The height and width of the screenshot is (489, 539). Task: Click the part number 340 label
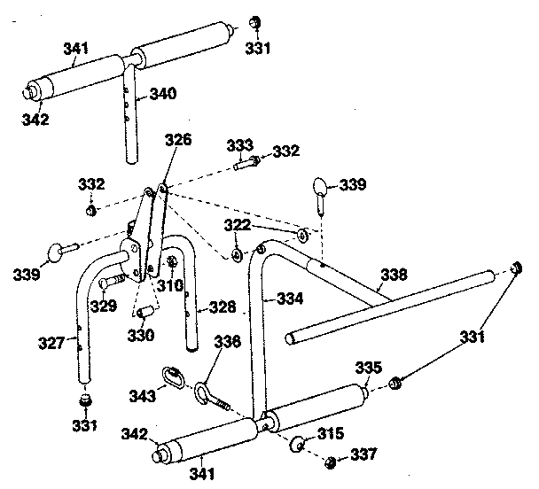(x=163, y=93)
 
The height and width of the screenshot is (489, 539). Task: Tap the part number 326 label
(x=178, y=140)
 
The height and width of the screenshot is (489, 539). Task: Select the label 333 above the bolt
(x=240, y=145)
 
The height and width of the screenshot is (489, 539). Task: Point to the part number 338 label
(x=394, y=275)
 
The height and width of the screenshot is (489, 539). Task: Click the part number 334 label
(x=291, y=299)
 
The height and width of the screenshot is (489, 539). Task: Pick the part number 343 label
(x=143, y=396)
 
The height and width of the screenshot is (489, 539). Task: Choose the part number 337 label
(x=363, y=454)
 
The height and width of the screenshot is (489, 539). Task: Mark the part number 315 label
(x=331, y=434)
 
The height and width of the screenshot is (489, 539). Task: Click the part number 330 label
(x=141, y=336)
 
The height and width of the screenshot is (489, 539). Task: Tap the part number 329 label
(x=104, y=306)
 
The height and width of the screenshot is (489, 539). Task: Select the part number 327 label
(x=51, y=343)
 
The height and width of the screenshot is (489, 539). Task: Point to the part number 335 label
(x=369, y=368)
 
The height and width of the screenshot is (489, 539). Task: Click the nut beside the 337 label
(x=330, y=462)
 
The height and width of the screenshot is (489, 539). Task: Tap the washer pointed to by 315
(x=297, y=445)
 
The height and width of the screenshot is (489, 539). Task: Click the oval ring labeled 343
(x=173, y=377)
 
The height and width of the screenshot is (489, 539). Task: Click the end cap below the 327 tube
(x=85, y=400)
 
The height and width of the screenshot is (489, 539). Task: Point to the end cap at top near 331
(x=255, y=22)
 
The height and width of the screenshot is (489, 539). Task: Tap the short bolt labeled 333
(x=246, y=162)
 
